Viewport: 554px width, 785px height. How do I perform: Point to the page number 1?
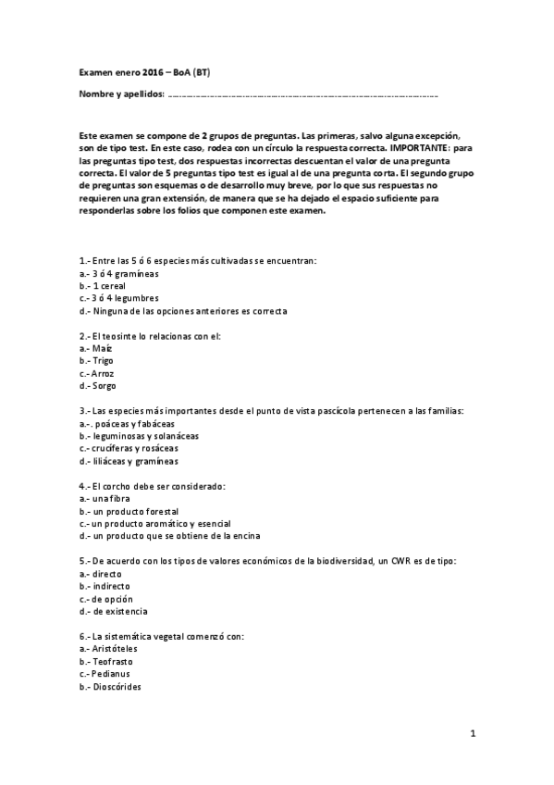473,734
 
